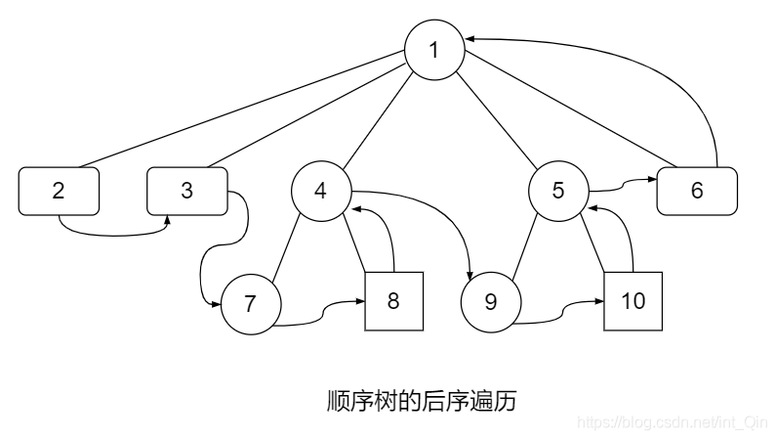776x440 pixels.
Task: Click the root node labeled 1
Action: pos(435,50)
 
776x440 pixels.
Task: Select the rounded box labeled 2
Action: pos(59,191)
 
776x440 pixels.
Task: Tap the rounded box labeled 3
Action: pos(186,191)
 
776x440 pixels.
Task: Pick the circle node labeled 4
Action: pos(321,191)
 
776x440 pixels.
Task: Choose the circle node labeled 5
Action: pos(557,191)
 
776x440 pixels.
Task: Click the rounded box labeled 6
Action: pos(697,191)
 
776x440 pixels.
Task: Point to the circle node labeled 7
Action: pos(250,304)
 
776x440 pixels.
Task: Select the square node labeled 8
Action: pos(394,300)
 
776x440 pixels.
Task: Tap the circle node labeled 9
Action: pos(491,303)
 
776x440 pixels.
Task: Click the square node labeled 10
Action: pos(633,300)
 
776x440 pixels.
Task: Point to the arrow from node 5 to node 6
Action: pos(621,183)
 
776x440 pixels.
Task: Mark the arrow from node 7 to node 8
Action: pos(322,317)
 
